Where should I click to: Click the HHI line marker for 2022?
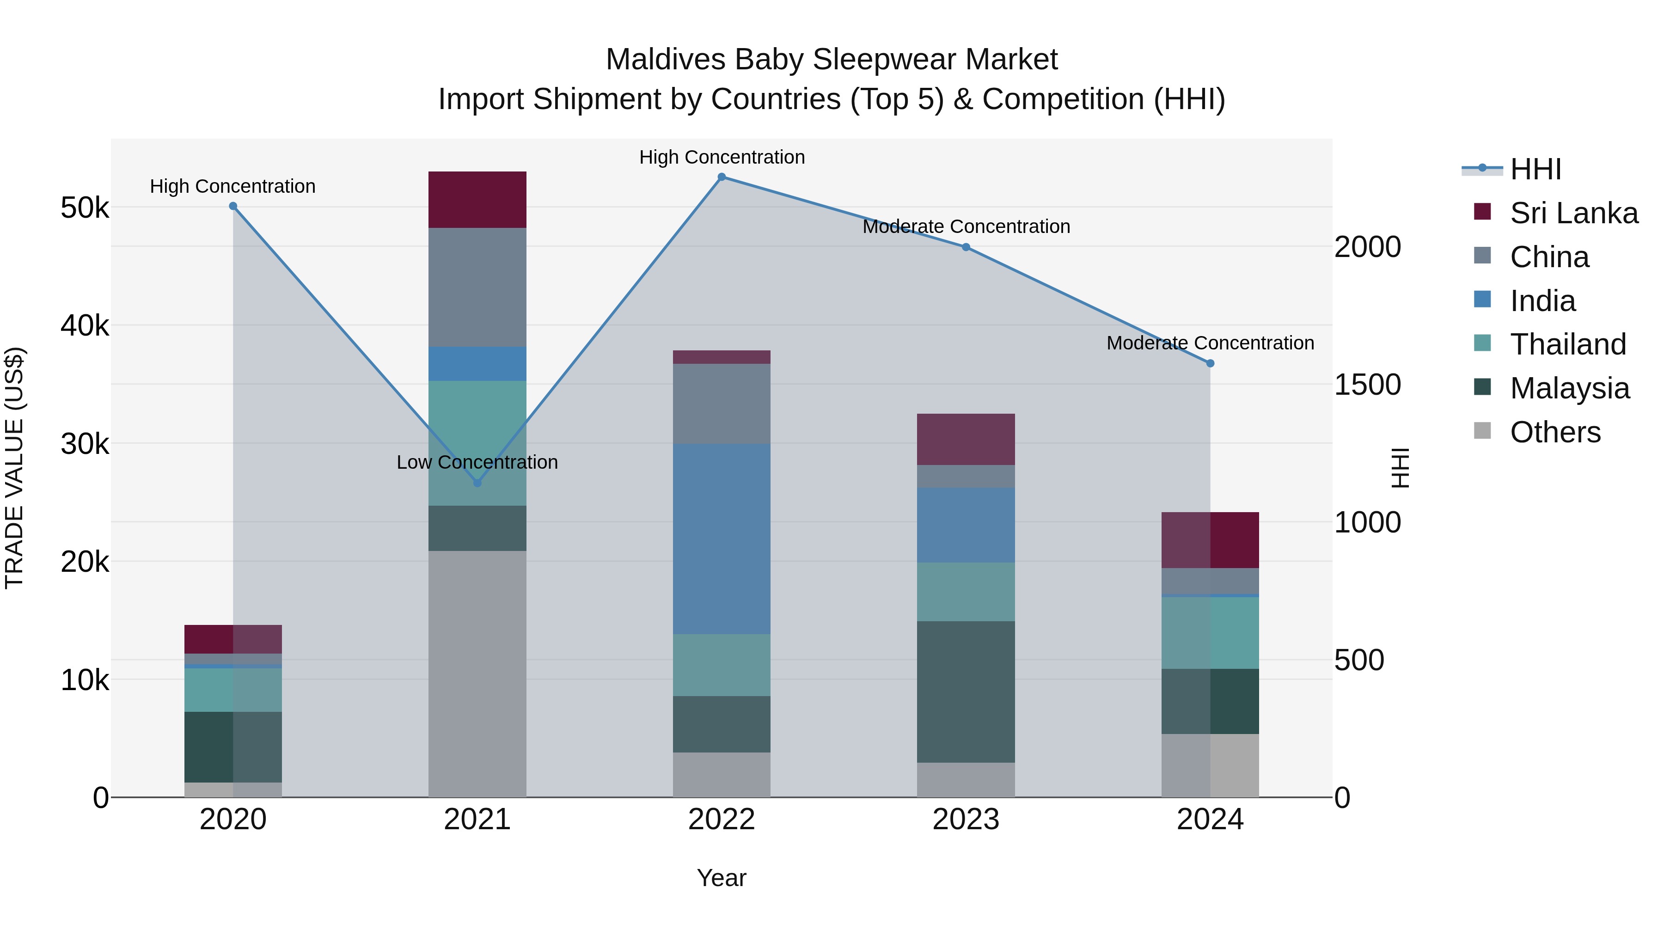click(722, 177)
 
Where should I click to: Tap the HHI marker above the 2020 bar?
click(233, 206)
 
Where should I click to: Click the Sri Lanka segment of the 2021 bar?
click(477, 200)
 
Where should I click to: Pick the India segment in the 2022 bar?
click(722, 539)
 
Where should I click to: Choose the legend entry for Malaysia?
click(1570, 388)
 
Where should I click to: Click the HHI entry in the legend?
click(1536, 169)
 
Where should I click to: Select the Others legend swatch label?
click(1555, 432)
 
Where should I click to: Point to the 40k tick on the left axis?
click(85, 325)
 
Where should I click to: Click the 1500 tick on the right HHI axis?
click(1368, 385)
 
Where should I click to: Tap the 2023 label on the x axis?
click(966, 820)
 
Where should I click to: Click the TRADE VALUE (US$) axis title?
click(14, 468)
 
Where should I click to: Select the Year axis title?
click(722, 878)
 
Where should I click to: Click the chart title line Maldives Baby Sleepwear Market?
click(832, 60)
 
